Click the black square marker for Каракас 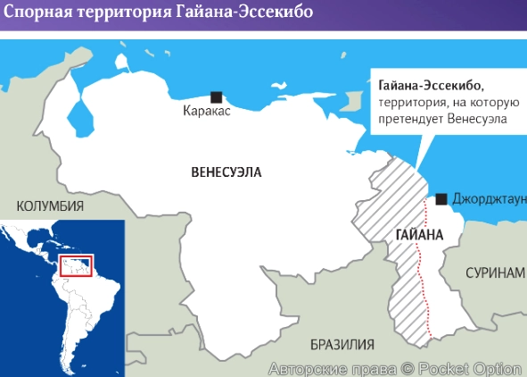coord(216,96)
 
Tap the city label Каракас coord(207,113)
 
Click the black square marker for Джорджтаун coord(441,198)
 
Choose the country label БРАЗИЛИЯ coord(342,344)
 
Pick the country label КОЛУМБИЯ coord(50,205)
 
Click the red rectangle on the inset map coord(75,265)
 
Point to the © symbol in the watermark coord(407,367)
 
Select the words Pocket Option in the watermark coord(470,367)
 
